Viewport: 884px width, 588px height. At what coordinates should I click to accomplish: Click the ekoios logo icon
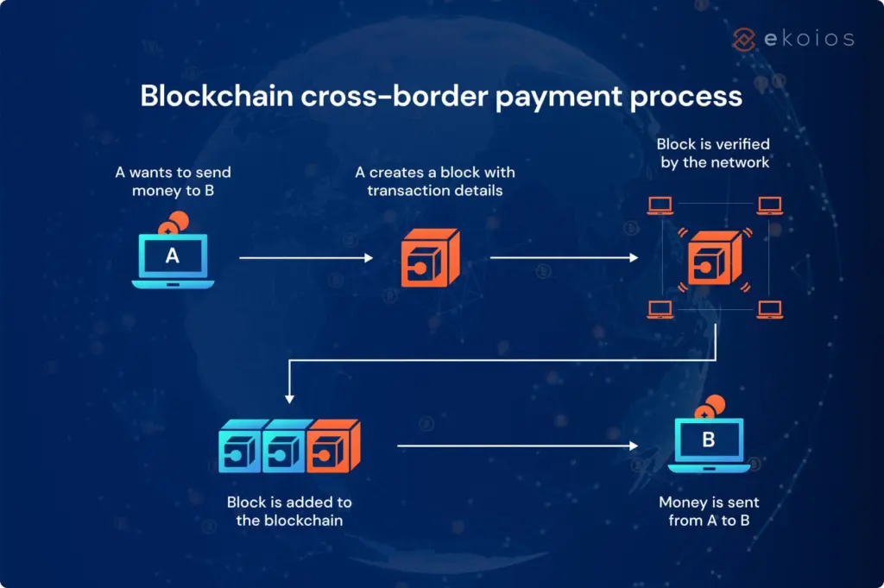tap(743, 38)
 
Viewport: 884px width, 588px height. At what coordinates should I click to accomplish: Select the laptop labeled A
tap(173, 260)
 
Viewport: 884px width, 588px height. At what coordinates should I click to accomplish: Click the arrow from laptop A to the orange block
tap(306, 257)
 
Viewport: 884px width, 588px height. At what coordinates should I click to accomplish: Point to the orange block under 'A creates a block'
tap(430, 259)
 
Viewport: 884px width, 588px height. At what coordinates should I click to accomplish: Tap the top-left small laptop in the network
tap(660, 206)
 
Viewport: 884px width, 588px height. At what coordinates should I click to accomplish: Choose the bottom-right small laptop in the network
tap(769, 309)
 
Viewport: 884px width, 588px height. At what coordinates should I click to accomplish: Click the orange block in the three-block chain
tap(333, 446)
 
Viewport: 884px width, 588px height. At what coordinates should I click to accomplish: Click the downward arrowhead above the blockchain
tap(290, 399)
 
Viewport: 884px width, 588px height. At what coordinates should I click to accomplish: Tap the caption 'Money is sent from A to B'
tap(709, 511)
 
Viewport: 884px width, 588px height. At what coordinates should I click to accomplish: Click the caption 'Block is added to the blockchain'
tap(289, 511)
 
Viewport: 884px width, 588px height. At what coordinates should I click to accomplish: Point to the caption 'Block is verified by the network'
tap(713, 153)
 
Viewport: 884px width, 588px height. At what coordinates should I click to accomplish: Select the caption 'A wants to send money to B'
tap(173, 181)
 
